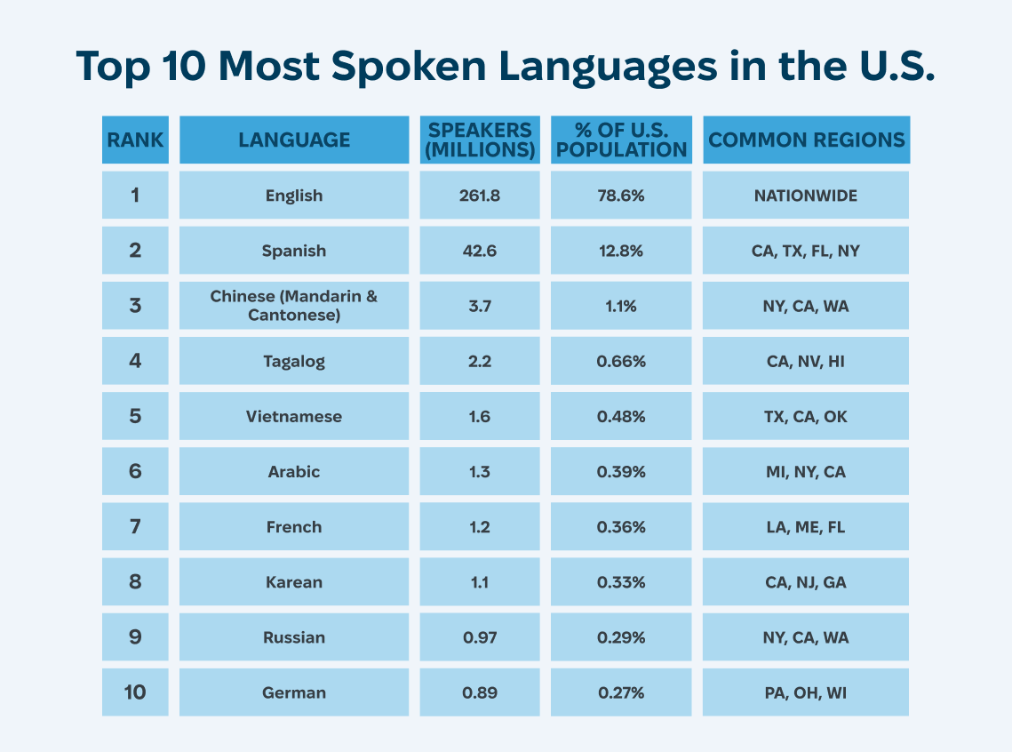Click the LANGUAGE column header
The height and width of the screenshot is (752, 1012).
294,140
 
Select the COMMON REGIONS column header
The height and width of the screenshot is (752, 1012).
806,140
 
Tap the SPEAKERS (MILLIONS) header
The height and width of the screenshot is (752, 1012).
480,140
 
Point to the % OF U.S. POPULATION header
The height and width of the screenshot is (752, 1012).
621,140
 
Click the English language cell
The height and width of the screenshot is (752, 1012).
294,196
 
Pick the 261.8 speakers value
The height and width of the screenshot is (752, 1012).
480,196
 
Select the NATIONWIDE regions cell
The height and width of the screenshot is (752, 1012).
806,196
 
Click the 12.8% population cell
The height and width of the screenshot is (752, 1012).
621,251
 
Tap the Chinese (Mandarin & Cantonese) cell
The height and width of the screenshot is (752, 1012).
294,306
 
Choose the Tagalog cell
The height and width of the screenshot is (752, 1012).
294,361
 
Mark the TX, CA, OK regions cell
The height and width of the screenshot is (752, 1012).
806,416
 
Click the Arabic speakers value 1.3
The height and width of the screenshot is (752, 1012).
480,471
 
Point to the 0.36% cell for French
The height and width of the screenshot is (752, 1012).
621,526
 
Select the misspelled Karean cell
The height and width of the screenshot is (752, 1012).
294,582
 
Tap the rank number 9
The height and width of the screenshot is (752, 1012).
135,637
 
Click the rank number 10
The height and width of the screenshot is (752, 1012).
135,692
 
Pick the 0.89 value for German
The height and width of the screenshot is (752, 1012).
480,692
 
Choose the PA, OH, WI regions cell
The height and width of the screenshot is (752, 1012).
806,692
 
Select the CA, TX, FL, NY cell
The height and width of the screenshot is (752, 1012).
806,251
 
